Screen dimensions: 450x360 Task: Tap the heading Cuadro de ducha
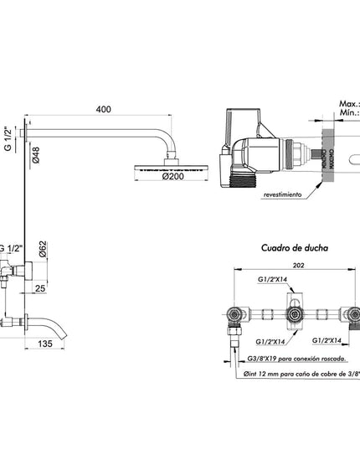[x=294, y=248]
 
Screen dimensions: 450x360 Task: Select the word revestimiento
[x=282, y=194]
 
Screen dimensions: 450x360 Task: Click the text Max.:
[x=348, y=105]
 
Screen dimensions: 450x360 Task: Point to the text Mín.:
[x=348, y=118]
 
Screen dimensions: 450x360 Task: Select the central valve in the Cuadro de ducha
[x=293, y=315]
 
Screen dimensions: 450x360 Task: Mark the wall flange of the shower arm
[x=31, y=132]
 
